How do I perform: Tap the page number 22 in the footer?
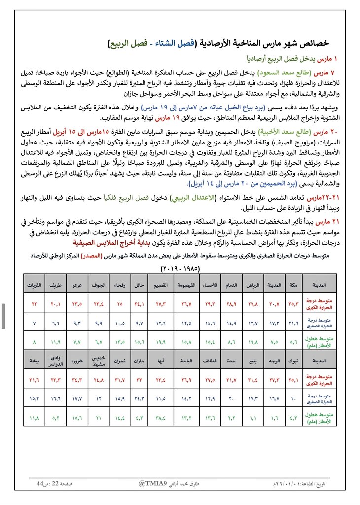tap(56, 484)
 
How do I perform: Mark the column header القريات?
tap(35, 285)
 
